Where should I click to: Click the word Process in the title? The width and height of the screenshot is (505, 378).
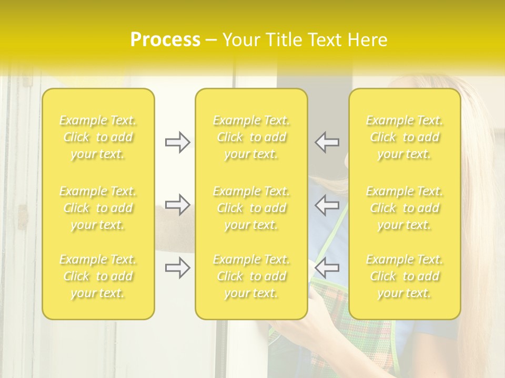pyautogui.click(x=165, y=40)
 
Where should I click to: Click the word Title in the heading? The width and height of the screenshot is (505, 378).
pyautogui.click(x=284, y=40)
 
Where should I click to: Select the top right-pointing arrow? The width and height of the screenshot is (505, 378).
pyautogui.click(x=177, y=142)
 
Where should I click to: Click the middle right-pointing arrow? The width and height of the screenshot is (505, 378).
pyautogui.click(x=177, y=205)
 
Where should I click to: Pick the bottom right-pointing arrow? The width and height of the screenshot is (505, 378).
pyautogui.click(x=177, y=268)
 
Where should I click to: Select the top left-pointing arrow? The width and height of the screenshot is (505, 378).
pyautogui.click(x=327, y=142)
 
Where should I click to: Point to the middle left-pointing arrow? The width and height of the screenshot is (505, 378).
pyautogui.click(x=327, y=205)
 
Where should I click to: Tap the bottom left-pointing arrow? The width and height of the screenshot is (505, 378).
pyautogui.click(x=327, y=268)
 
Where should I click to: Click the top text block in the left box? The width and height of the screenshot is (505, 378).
pyautogui.click(x=98, y=137)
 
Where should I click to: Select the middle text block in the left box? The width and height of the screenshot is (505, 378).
pyautogui.click(x=98, y=208)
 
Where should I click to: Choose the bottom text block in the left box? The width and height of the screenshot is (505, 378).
pyautogui.click(x=98, y=276)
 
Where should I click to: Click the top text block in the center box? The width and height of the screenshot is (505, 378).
pyautogui.click(x=251, y=137)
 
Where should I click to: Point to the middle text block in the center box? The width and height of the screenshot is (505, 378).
pyautogui.click(x=251, y=208)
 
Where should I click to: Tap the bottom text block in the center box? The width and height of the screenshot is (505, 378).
pyautogui.click(x=251, y=276)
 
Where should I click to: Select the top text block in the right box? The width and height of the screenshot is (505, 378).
pyautogui.click(x=405, y=137)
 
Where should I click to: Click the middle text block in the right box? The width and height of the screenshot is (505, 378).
pyautogui.click(x=405, y=208)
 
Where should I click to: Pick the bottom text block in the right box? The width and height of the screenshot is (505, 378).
pyautogui.click(x=405, y=276)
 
